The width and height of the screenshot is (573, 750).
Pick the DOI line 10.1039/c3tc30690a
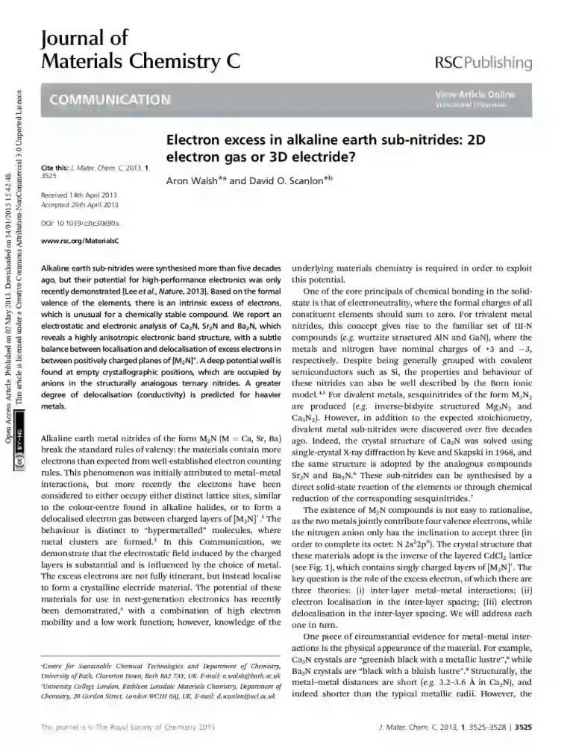tap(78, 223)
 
